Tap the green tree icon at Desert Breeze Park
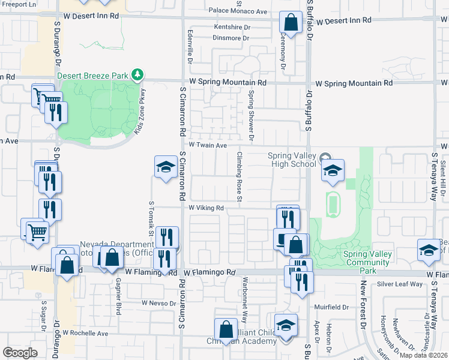pos(139,74)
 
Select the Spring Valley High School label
pos(292,160)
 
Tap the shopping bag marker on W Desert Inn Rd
pos(291,24)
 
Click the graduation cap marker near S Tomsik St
pos(165,169)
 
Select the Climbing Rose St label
pos(238,176)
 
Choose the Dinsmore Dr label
pos(231,38)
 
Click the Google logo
pos(20,352)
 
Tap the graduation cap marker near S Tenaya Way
pos(429,251)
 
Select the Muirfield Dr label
pos(331,307)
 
